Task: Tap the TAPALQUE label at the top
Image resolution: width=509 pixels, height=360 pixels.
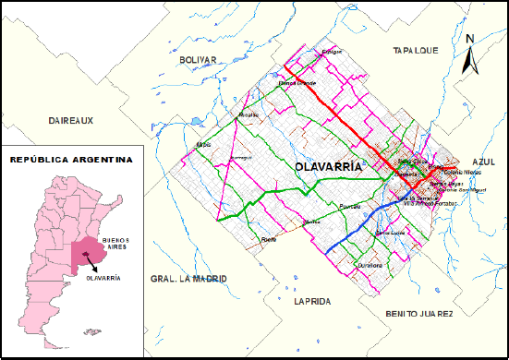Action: pyautogui.click(x=413, y=50)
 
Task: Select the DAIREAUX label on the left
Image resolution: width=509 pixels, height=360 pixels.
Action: pyautogui.click(x=72, y=121)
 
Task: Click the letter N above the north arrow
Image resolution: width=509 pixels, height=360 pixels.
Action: pyautogui.click(x=469, y=39)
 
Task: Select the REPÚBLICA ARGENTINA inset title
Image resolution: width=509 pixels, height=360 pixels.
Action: pyautogui.click(x=70, y=160)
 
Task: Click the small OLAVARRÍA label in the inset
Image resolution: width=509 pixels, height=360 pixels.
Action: pyautogui.click(x=102, y=277)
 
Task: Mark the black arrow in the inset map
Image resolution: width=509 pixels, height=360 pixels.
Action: pyautogui.click(x=92, y=264)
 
